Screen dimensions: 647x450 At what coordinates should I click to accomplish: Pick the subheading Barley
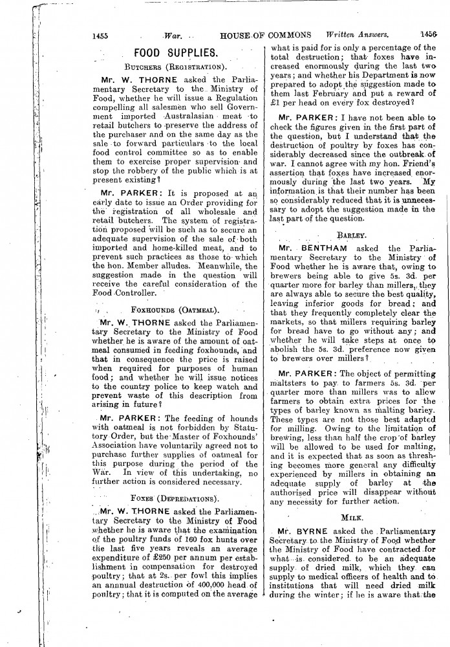click(352, 236)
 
